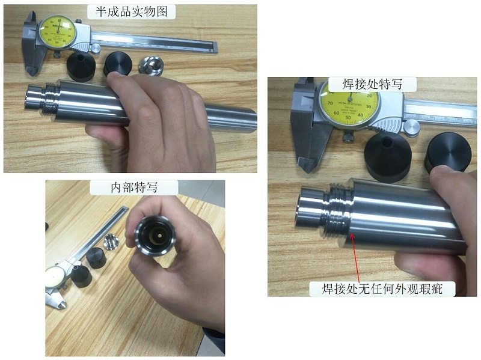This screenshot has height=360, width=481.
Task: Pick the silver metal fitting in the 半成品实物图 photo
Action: [x=152, y=64]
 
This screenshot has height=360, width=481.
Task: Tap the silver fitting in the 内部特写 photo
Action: [x=111, y=242]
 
